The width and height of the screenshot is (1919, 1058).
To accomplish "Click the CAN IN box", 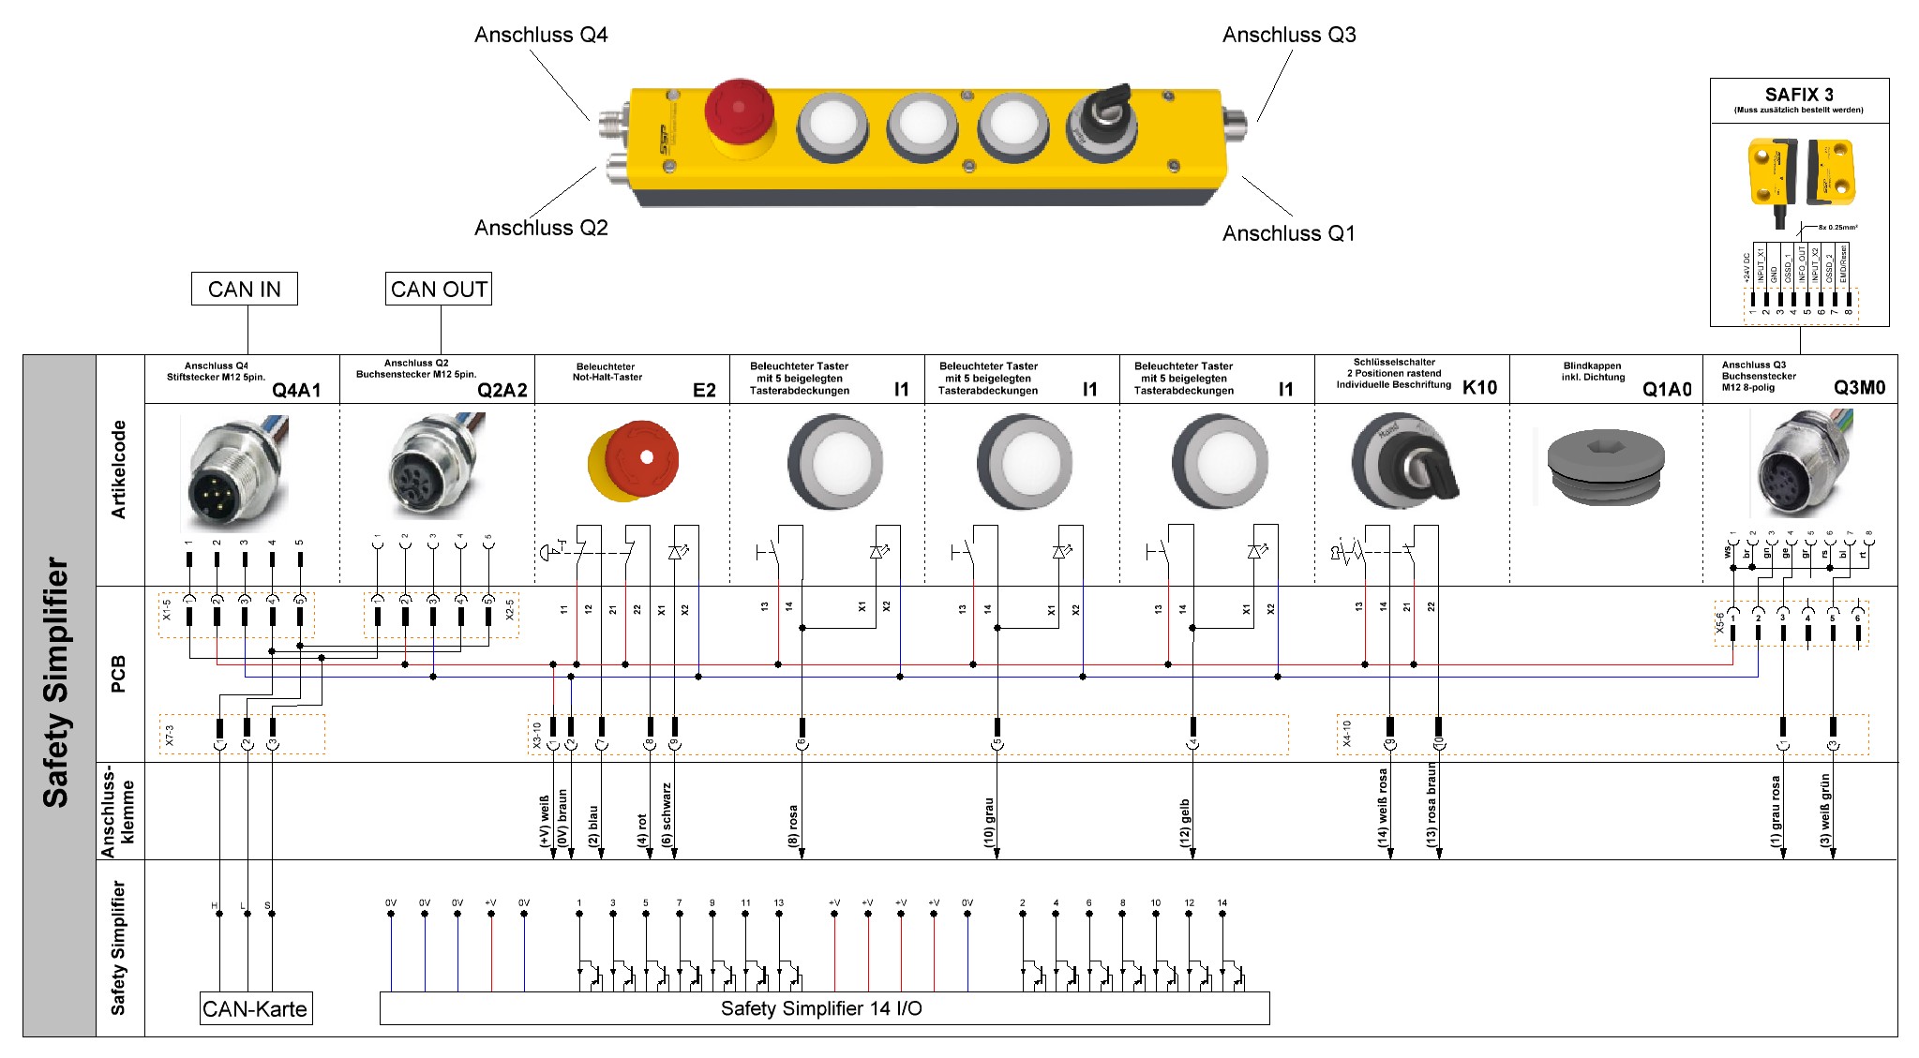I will tap(245, 290).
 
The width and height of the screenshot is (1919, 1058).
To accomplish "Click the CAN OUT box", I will tap(439, 290).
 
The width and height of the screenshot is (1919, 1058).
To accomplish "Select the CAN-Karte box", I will tap(255, 1009).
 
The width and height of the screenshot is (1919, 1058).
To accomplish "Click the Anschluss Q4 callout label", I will tap(541, 36).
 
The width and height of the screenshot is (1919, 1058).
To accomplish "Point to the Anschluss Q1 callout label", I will tap(1288, 233).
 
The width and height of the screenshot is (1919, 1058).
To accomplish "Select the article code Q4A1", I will tap(296, 390).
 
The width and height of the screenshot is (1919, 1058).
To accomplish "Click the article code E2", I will tap(704, 390).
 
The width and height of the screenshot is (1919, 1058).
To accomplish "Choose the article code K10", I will tap(1479, 388).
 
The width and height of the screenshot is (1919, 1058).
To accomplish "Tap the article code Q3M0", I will tap(1859, 388).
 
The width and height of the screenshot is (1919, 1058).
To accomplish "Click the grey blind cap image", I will tap(1605, 466).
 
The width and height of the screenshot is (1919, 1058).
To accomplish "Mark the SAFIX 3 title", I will tap(1798, 95).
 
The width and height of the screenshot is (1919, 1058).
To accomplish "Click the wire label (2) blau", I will tap(593, 826).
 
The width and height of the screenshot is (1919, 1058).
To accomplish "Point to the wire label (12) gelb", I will tap(1185, 823).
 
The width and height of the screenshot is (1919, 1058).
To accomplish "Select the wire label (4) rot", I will tap(643, 829).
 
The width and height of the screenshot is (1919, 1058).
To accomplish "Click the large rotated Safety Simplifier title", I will tap(56, 682).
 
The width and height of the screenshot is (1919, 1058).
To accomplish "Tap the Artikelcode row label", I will tap(119, 469).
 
